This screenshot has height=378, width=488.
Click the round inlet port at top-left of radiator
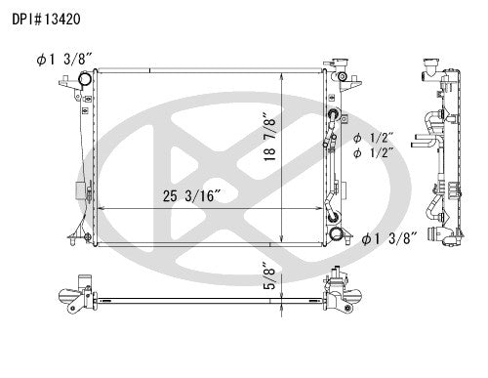click(x=86, y=79)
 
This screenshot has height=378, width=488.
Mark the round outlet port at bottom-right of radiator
click(x=338, y=234)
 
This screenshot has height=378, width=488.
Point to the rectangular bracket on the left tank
click(x=79, y=193)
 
